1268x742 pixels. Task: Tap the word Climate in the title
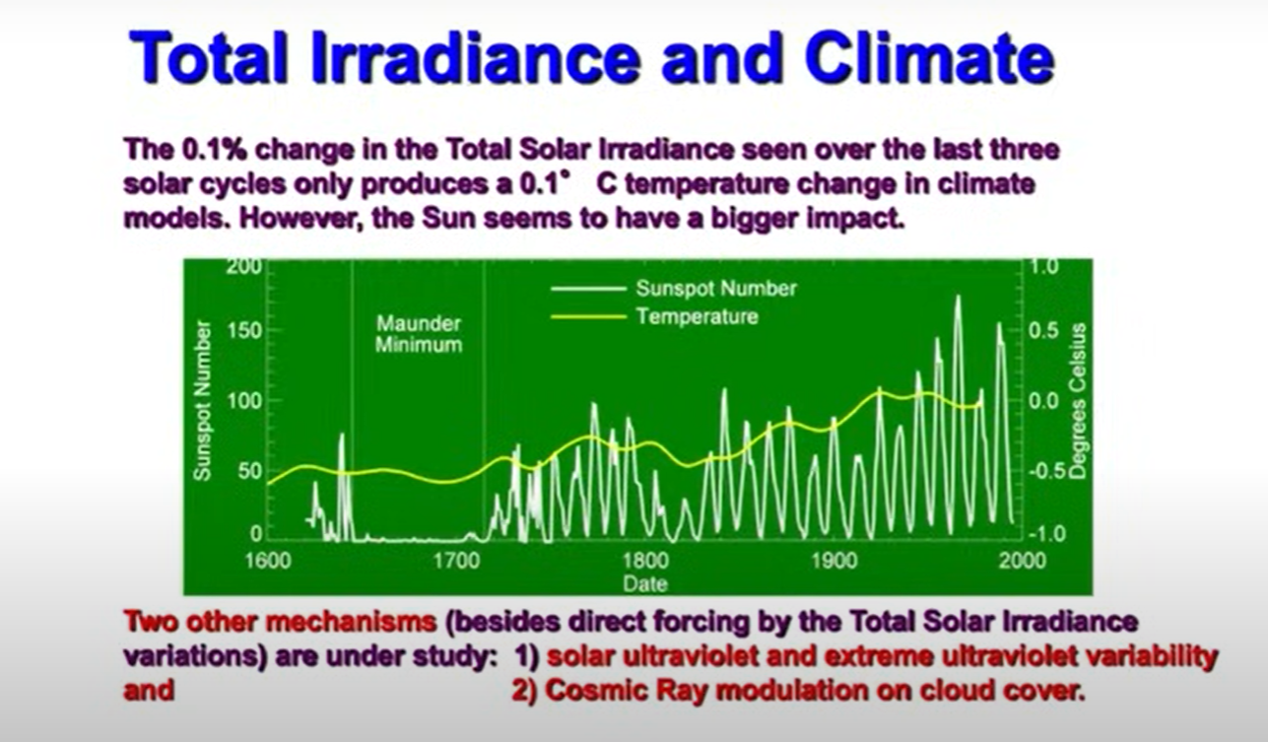pyautogui.click(x=929, y=60)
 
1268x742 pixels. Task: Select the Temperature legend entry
pyautogui.click(x=697, y=317)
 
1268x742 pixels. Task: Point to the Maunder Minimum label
pyautogui.click(x=419, y=334)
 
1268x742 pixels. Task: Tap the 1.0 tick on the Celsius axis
pyautogui.click(x=1043, y=266)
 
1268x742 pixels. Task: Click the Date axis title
pyautogui.click(x=644, y=583)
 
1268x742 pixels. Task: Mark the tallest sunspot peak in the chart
pyautogui.click(x=957, y=298)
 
